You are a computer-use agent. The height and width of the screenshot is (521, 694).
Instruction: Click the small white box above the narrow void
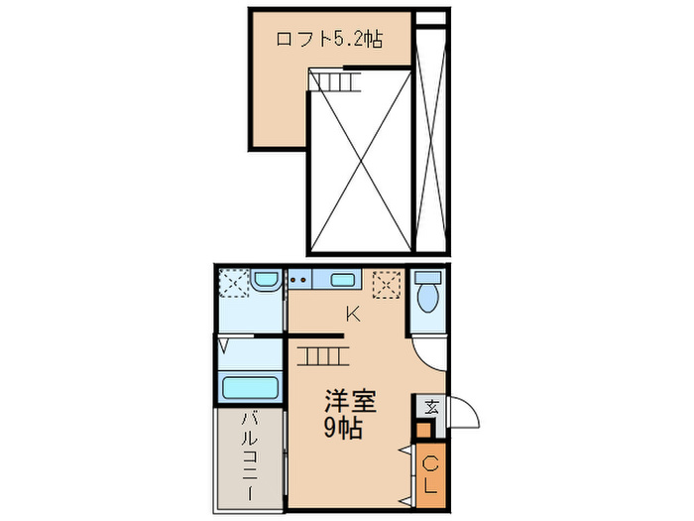[429, 18]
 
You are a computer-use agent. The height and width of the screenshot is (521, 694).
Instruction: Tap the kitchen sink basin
[343, 280]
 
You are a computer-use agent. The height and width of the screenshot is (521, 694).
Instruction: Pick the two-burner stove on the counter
[298, 280]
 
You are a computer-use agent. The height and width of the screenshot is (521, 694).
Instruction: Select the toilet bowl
[428, 296]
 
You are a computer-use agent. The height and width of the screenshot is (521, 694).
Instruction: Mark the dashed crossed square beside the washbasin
[233, 284]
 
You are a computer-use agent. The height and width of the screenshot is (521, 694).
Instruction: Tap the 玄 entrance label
[430, 405]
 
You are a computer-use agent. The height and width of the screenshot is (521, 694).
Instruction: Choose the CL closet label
[430, 475]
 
